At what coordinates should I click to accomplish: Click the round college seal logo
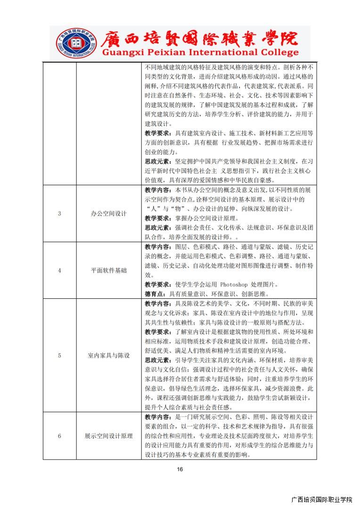click(x=71, y=42)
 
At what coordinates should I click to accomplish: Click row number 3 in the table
click(x=59, y=213)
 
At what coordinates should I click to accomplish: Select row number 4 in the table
click(x=59, y=271)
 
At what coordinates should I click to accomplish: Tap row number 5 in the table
click(x=59, y=355)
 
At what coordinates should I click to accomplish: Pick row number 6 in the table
click(x=59, y=436)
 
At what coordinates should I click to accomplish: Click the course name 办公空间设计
click(x=109, y=213)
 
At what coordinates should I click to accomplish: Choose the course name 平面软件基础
click(x=109, y=271)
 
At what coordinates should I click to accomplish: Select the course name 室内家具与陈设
click(x=109, y=355)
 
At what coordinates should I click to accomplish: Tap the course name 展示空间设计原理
click(x=109, y=436)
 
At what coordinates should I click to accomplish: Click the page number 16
click(x=180, y=469)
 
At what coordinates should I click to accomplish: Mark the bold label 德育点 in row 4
click(x=156, y=294)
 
